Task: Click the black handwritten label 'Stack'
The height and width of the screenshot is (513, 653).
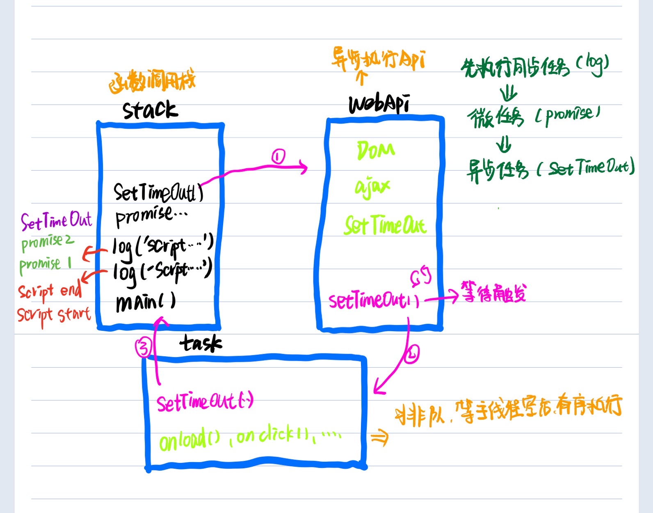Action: (150, 110)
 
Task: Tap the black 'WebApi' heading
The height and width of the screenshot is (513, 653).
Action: (379, 103)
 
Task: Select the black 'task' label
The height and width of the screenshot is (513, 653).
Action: (201, 343)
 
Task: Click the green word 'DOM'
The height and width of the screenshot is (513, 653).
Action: (376, 150)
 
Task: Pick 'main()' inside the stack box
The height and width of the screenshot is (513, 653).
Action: (146, 302)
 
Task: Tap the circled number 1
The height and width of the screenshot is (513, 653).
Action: (278, 157)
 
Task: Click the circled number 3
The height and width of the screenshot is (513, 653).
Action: (144, 348)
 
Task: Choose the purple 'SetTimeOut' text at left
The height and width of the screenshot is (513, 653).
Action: (57, 221)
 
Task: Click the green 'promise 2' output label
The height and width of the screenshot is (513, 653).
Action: (47, 242)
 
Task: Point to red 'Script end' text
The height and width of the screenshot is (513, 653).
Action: (49, 291)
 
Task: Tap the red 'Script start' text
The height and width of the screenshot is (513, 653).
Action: (53, 315)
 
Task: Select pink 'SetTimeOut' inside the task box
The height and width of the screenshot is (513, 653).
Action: (204, 401)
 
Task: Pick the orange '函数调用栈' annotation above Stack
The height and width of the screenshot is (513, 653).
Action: (152, 82)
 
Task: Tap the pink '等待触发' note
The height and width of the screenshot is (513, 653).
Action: (493, 292)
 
